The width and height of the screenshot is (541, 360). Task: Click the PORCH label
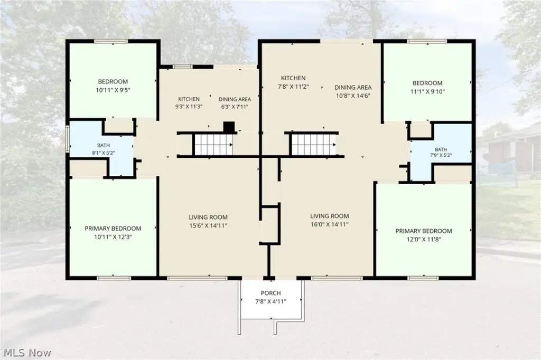270,293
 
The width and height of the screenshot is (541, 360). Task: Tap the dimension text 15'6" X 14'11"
208,226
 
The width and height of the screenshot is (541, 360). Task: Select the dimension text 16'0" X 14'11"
329,224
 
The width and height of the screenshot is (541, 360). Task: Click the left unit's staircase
213,145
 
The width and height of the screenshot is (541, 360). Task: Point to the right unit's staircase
314,145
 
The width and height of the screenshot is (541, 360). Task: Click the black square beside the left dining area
229,127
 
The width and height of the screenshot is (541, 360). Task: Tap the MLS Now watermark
27,353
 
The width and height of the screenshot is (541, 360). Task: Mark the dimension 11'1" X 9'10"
427,92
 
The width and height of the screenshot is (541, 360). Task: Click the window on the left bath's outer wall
68,138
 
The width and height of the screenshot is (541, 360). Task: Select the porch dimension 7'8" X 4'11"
270,302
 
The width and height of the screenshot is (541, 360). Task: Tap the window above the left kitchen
182,67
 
